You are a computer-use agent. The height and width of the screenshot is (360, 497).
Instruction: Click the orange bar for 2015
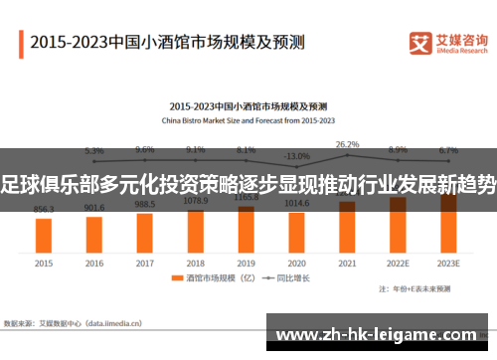[x=44, y=235]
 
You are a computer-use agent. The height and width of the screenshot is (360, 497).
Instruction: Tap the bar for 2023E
[x=448, y=222]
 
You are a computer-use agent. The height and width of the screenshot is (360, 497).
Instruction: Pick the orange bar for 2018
[x=195, y=230]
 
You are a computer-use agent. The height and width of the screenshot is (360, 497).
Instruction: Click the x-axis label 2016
[x=94, y=264]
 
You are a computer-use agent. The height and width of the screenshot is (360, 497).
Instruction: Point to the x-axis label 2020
[x=296, y=264]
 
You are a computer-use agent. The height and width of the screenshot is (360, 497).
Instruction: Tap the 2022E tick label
[x=398, y=264]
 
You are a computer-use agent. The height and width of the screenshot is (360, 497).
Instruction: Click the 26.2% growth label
[x=347, y=144]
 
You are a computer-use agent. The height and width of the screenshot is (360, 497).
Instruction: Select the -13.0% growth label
[x=296, y=156]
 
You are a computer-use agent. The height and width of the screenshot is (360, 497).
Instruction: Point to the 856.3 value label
[x=44, y=210]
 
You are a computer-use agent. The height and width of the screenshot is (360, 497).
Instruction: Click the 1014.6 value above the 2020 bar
[x=296, y=203]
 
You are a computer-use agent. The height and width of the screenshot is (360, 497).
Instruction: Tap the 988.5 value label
[x=145, y=204]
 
